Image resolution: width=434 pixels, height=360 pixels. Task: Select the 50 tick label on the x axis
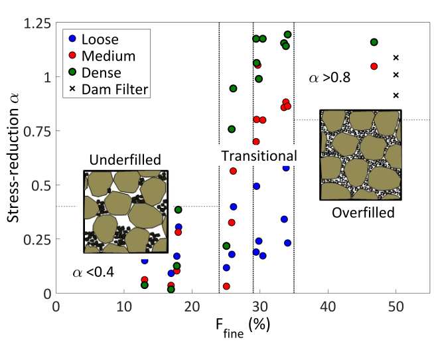pyautogui.click(x=396, y=308)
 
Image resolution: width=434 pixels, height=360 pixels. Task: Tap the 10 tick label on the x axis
pyautogui.click(x=123, y=308)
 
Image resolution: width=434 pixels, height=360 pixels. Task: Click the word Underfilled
pyautogui.click(x=125, y=159)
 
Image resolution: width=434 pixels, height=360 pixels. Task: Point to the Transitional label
pyautogui.click(x=258, y=156)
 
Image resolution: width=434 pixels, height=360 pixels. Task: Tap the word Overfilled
pyautogui.click(x=363, y=213)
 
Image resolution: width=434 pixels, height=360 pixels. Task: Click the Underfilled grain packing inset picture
pyautogui.click(x=125, y=211)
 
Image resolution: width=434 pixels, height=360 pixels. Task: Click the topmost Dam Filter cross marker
pyautogui.click(x=396, y=58)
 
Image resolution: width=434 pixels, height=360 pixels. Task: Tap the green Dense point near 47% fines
pyautogui.click(x=374, y=43)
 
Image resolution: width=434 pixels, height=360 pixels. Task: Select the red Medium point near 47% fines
pyautogui.click(x=374, y=66)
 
